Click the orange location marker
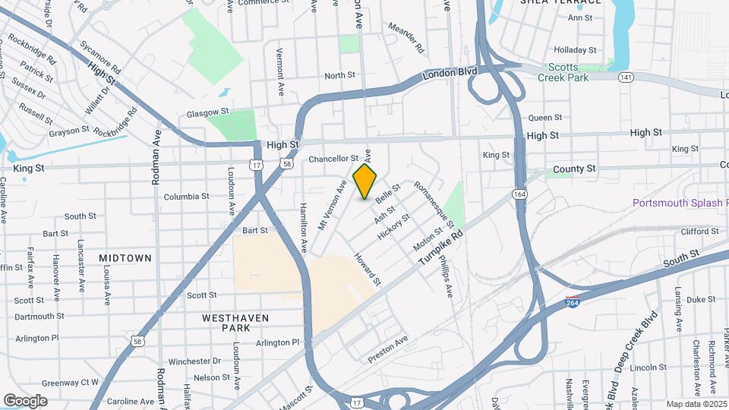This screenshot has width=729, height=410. tap(365, 181)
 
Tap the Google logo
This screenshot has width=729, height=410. tap(25, 401)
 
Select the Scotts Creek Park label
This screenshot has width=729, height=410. tap(563, 72)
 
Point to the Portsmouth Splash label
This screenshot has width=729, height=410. tap(680, 203)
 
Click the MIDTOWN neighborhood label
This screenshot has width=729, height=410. tap(125, 258)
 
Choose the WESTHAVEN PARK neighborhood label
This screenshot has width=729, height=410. tap(226, 322)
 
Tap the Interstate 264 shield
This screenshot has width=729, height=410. tap(573, 301)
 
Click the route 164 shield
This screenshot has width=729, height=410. tap(519, 194)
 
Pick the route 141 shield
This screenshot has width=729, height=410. tap(626, 77)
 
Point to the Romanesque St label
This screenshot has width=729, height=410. tap(434, 204)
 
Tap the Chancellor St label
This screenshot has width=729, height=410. tap(333, 159)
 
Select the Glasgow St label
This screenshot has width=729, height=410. tap(207, 114)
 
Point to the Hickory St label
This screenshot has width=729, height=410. tap(393, 226)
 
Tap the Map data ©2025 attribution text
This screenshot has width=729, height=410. tap(696, 404)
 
